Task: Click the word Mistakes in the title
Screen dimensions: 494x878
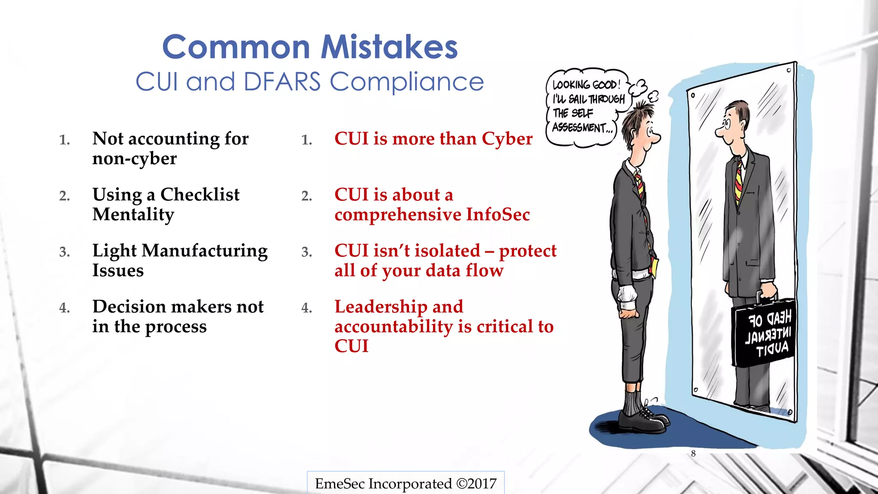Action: [x=390, y=47]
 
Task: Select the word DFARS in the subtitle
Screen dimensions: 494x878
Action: [x=282, y=81]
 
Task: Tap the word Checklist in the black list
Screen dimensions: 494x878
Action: [x=200, y=195]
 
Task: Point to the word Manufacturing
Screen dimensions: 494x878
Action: [x=204, y=251]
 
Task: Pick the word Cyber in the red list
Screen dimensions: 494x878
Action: [x=507, y=139]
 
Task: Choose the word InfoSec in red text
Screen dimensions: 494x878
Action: [x=498, y=214]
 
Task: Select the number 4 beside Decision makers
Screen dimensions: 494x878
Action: [x=64, y=308]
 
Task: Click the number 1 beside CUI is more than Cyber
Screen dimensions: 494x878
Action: [x=307, y=140]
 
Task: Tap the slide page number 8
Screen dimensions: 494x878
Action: [x=693, y=454]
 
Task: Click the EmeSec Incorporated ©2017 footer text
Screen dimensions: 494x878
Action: [x=406, y=484]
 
